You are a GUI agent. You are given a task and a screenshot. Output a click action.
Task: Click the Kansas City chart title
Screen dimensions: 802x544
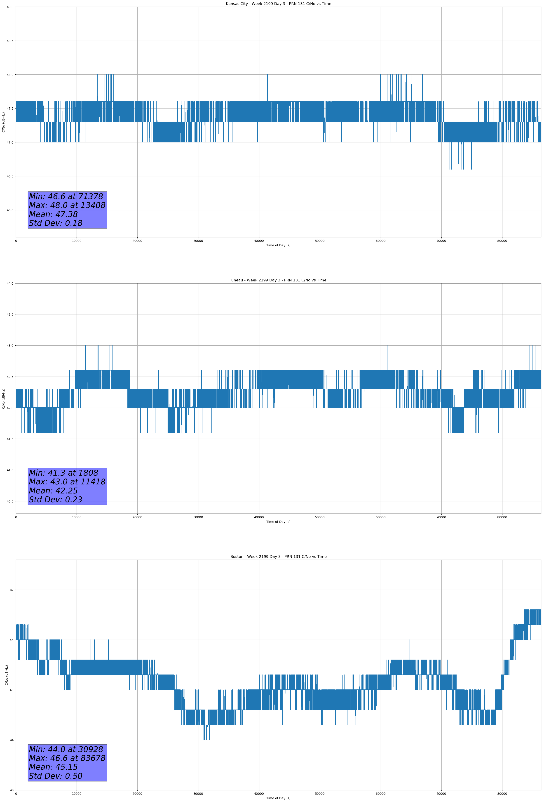point(278,4)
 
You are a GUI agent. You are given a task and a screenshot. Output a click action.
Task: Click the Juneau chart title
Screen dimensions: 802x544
point(278,280)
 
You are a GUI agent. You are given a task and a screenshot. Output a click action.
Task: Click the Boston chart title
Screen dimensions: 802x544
point(278,557)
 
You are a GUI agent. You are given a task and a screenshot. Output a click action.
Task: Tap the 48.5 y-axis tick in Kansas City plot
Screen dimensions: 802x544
point(10,41)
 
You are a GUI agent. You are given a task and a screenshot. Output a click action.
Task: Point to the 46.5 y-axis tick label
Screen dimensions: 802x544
point(10,176)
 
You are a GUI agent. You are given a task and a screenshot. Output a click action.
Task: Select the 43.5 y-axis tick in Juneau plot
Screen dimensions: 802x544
point(10,314)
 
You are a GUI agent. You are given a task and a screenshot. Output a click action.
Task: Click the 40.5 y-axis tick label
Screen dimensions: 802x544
point(10,501)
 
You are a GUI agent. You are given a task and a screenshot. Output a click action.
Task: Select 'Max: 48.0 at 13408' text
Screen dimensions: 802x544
point(67,205)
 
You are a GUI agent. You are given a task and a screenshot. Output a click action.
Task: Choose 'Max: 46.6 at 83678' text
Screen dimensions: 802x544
point(67,758)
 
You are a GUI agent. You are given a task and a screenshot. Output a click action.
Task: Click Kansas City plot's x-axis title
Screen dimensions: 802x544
point(278,245)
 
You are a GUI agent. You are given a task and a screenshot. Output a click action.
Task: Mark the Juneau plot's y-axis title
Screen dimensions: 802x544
point(3,399)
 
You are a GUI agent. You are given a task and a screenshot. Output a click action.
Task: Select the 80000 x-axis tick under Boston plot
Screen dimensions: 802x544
point(502,794)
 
